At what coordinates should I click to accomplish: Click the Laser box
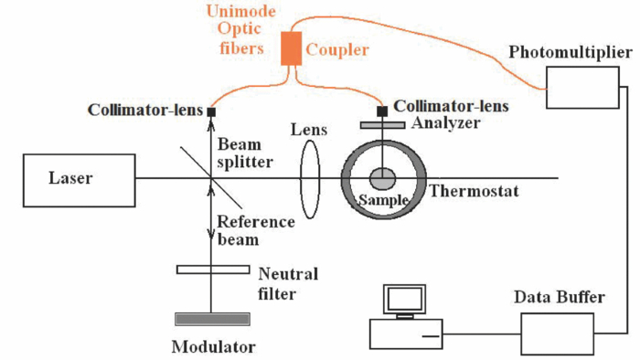pos(70,179)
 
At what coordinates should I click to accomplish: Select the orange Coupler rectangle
pos(291,48)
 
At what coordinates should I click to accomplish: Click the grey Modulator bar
pos(213,318)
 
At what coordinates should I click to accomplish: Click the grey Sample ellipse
pos(383,178)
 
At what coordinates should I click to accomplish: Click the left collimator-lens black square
pos(211,112)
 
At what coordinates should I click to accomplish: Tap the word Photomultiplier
pos(569,52)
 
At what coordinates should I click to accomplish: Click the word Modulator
pos(213,346)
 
